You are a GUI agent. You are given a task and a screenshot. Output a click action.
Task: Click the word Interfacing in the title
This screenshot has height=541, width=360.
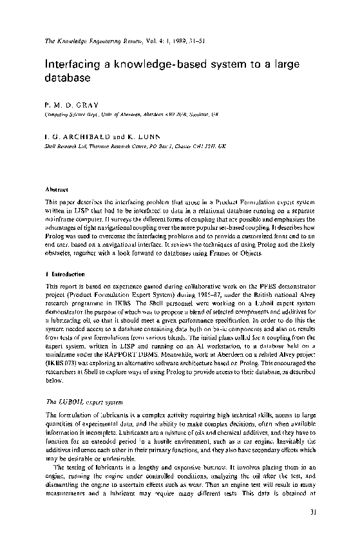point(68,65)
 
